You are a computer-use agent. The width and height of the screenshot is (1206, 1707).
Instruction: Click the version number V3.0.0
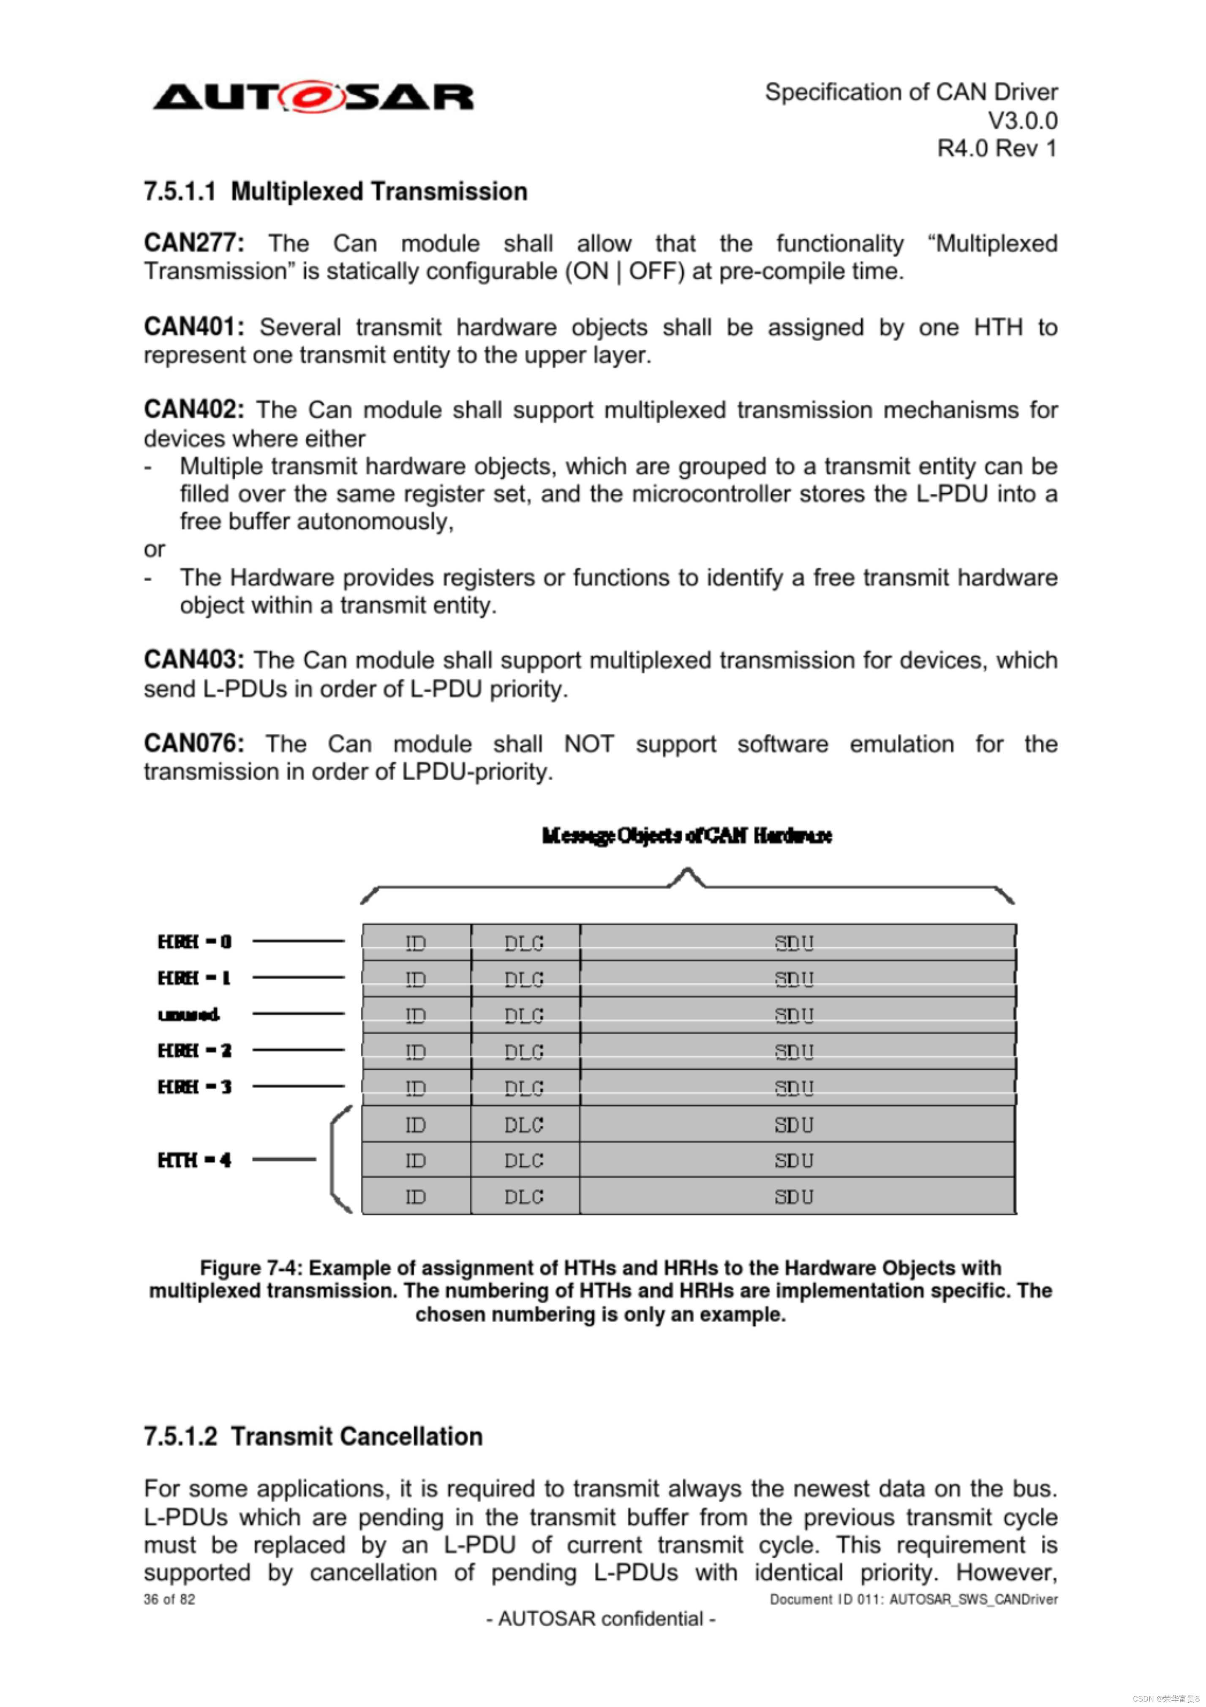pyautogui.click(x=1021, y=120)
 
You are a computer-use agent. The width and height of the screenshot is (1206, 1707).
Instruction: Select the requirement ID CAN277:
pyautogui.click(x=193, y=243)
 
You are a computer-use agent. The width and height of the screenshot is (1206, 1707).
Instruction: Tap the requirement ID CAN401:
pyautogui.click(x=193, y=327)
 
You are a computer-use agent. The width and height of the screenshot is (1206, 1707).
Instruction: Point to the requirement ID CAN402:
pyautogui.click(x=193, y=410)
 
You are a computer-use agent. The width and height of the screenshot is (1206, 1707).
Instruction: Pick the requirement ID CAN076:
pyautogui.click(x=193, y=743)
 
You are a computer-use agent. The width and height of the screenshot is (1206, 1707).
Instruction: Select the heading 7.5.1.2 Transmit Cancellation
pyautogui.click(x=313, y=1436)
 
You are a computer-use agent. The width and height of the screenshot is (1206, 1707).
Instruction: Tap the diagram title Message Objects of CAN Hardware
pyautogui.click(x=686, y=836)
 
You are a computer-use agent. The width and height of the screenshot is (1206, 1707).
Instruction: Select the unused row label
pyautogui.click(x=189, y=1015)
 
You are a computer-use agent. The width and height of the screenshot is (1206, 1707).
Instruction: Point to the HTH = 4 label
pyautogui.click(x=195, y=1160)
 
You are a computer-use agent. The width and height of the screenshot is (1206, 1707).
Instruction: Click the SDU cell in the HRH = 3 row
pyautogui.click(x=794, y=1088)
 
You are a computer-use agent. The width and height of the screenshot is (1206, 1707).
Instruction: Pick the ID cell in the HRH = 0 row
pyautogui.click(x=416, y=943)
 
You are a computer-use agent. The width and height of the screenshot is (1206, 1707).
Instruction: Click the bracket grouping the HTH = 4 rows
pyautogui.click(x=338, y=1160)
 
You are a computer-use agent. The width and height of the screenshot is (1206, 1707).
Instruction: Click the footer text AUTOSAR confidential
pyautogui.click(x=601, y=1619)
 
